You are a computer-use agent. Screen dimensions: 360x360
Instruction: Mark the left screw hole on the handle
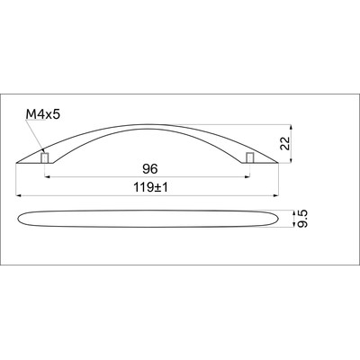[44, 158]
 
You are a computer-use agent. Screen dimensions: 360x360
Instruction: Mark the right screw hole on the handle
[250, 158]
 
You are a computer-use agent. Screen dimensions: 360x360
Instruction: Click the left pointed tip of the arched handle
[19, 163]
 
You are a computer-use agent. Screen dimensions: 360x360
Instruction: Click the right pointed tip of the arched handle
[275, 163]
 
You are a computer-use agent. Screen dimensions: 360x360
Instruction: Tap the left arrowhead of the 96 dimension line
[46, 176]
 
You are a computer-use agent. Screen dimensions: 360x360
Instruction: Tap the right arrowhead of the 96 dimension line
[248, 176]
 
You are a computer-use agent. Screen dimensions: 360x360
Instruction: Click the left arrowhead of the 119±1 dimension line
[21, 196]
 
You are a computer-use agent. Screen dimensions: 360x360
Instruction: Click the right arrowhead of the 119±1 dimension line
[274, 196]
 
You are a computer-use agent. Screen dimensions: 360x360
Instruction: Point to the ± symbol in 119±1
[151, 187]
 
